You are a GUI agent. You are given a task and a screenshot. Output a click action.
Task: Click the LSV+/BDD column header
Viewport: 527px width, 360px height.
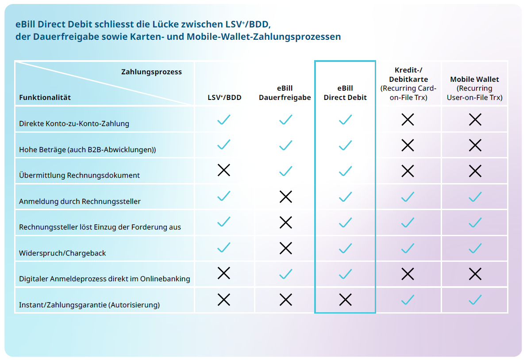224,97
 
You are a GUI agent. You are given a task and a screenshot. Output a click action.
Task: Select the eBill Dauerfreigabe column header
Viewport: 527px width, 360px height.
285,93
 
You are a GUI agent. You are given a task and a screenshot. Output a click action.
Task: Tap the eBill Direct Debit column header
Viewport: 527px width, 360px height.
345,93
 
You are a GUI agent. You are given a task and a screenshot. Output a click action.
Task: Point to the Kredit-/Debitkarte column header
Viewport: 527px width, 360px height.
408,84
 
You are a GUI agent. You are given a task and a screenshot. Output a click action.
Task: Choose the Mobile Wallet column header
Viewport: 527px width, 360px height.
474,88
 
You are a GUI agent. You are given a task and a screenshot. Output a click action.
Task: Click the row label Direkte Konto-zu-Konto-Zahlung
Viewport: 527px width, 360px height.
74,124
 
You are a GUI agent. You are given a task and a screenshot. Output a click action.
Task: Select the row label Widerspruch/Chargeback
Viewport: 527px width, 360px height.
62,253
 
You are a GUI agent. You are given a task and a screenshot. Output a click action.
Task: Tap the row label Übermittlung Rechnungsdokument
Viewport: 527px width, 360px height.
79,176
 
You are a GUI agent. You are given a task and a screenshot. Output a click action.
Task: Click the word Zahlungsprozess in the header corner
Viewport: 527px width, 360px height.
151,72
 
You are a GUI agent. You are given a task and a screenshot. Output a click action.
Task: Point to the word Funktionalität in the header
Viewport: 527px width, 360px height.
45,97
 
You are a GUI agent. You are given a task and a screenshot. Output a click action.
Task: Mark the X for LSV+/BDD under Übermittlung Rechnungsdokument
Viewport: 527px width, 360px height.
224,170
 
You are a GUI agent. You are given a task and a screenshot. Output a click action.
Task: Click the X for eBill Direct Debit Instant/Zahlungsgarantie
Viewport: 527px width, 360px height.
345,300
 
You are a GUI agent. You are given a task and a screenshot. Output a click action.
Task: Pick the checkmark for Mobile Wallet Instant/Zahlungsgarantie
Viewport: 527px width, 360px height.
475,300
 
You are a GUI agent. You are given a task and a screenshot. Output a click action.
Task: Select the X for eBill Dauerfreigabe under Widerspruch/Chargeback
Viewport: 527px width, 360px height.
286,248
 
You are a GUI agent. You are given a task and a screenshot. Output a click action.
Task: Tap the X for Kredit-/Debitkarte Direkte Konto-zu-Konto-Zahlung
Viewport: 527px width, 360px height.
408,119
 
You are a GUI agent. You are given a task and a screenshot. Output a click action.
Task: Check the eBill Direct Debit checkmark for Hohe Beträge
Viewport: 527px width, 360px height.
345,145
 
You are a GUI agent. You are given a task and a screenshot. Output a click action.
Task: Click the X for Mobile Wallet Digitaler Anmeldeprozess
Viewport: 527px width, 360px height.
475,274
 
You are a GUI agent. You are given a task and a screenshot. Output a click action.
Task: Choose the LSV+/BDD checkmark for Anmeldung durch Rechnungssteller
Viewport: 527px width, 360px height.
224,196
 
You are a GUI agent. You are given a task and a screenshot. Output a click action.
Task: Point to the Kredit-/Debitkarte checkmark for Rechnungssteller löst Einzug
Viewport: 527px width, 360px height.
408,222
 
